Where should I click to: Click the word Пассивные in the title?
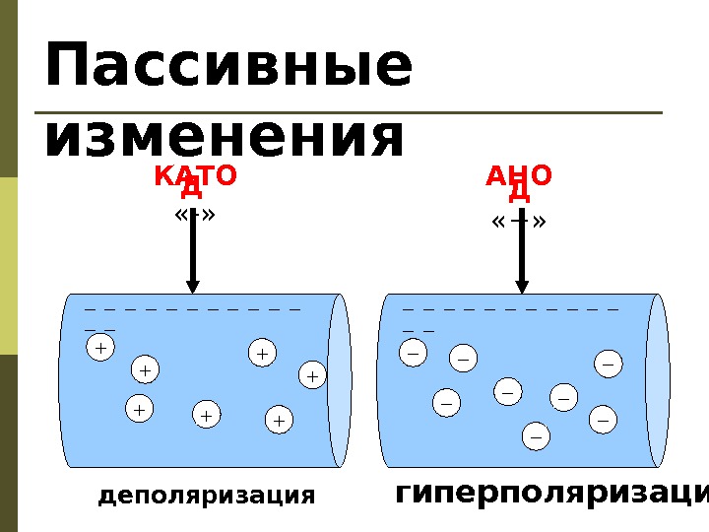coord(227,66)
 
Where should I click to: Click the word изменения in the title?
coord(225,137)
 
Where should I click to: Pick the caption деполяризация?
coord(207,496)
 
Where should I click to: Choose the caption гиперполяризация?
coord(551,494)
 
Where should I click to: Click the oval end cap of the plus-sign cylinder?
coord(339,380)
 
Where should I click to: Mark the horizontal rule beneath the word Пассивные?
coord(354,113)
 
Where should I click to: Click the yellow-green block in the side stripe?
coord(9,265)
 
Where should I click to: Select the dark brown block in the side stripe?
coord(9,443)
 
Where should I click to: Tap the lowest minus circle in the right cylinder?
coord(537,434)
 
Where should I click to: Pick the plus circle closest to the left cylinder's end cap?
coord(312,375)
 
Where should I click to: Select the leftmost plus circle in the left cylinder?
coord(99,348)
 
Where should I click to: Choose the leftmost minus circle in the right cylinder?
coord(413,350)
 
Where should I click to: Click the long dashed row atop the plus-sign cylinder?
coord(192,309)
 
